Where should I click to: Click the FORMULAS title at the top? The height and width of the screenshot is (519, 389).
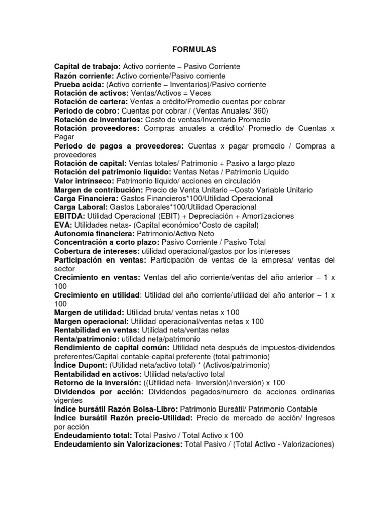point(194,49)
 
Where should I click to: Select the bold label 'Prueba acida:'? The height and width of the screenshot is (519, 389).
point(79,84)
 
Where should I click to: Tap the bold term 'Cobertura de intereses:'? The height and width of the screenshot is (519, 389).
point(97,251)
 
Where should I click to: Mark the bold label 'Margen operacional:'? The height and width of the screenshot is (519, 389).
point(91,321)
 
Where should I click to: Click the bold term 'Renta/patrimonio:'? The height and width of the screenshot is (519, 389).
point(86,339)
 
